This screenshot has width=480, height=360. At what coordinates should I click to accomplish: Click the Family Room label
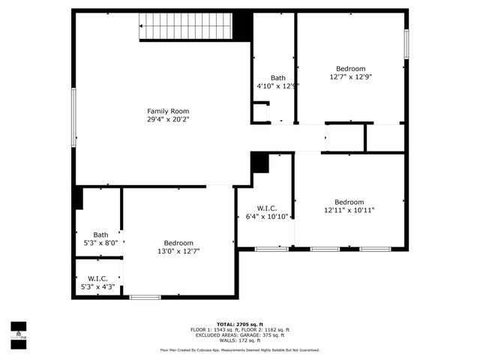coord(167,111)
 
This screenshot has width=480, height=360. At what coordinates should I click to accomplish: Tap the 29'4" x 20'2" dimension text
coord(167,119)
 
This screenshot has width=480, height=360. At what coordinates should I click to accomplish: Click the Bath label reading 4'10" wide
coord(278,78)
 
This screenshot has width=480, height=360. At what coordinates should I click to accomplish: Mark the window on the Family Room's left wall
coord(73,118)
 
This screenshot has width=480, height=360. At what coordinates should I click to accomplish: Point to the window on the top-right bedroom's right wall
coord(406,43)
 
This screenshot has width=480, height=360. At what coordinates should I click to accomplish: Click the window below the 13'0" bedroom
coord(145,298)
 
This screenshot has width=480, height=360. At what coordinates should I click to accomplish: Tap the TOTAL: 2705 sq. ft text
coord(239,324)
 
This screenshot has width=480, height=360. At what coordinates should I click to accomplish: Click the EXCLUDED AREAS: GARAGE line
coord(239,335)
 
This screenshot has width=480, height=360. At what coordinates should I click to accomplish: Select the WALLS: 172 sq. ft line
coord(239,340)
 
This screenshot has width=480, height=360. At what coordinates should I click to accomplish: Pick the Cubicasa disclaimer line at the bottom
coord(239,350)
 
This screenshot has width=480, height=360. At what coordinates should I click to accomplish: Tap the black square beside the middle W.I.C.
coord(259,162)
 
